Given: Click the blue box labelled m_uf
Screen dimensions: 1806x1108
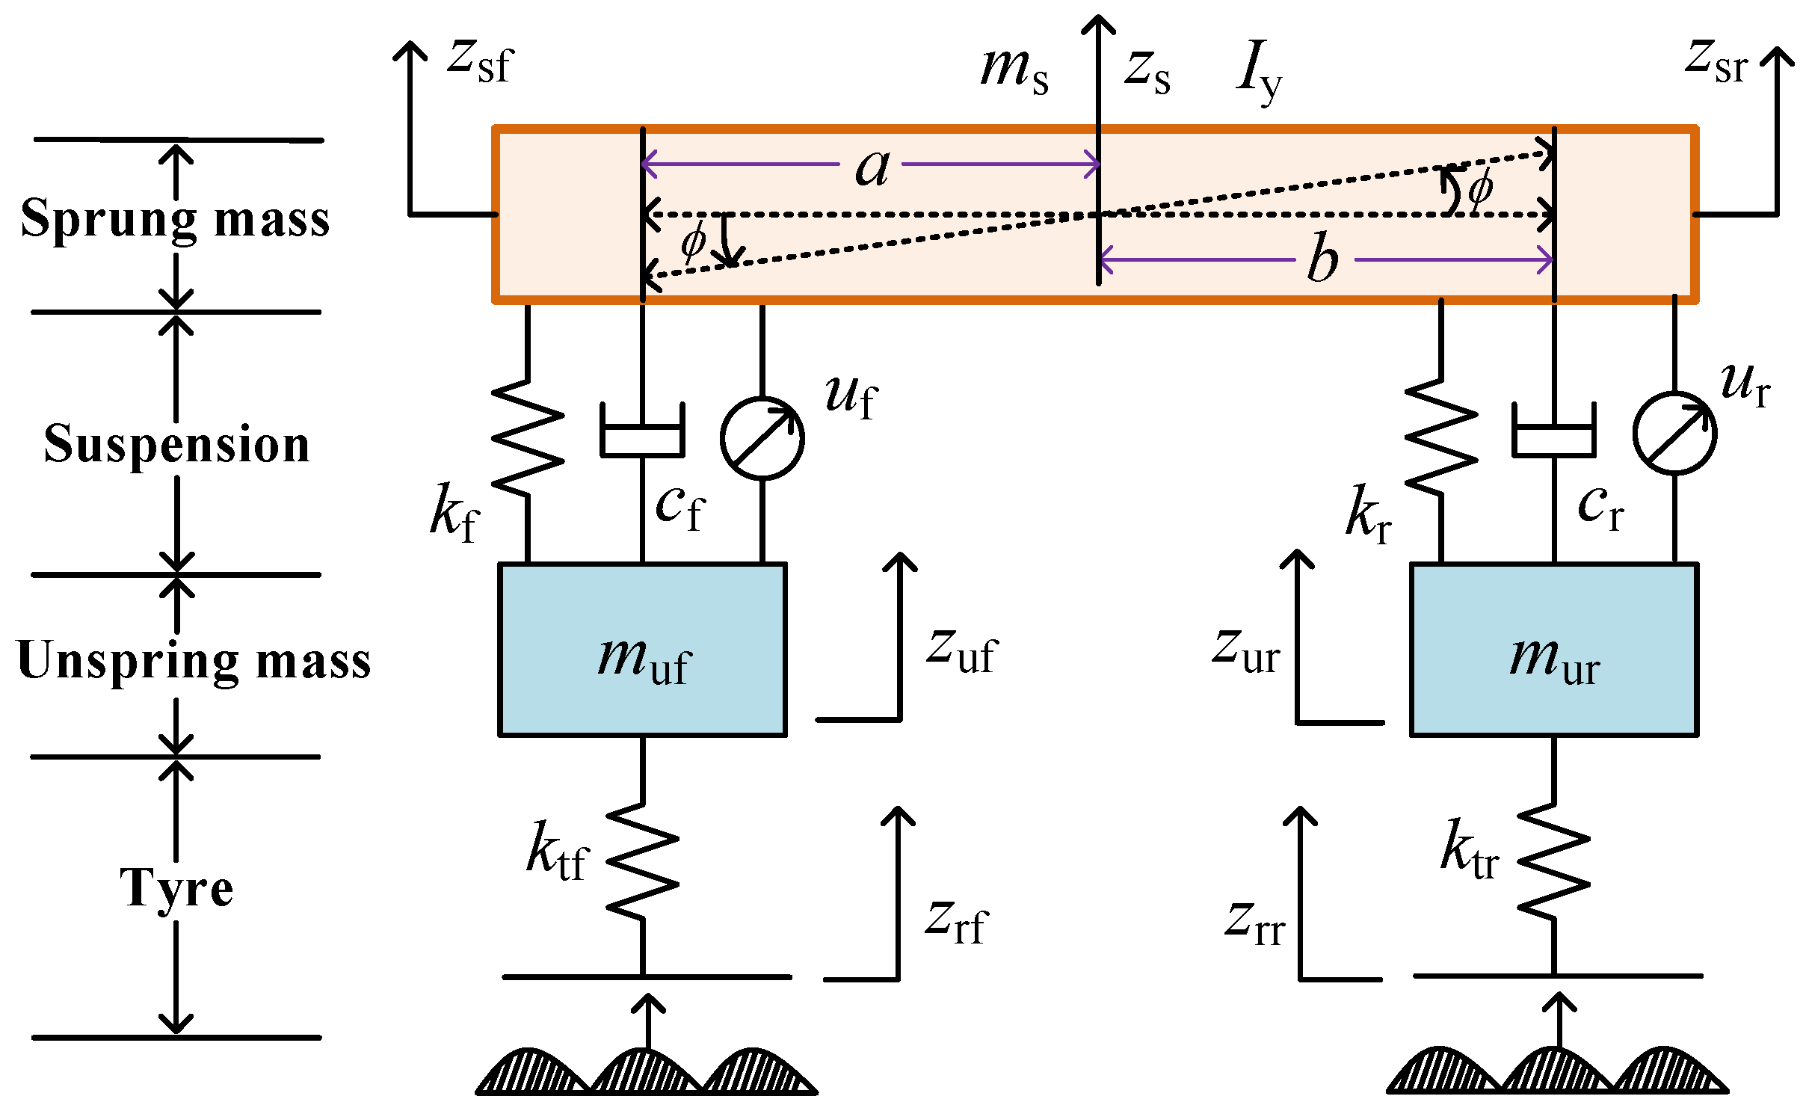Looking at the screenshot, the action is click(642, 649).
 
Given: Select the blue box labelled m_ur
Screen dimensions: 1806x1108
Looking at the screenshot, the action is click(1554, 649).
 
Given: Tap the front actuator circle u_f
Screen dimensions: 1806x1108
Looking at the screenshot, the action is click(762, 438).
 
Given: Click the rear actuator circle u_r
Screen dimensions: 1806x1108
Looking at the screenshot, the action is click(1674, 433).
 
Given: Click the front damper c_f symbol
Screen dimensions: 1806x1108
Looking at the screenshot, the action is click(642, 430).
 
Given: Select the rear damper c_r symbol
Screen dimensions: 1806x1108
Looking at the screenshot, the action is click(1554, 430).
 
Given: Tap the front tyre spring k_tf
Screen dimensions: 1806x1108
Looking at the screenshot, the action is click(642, 861).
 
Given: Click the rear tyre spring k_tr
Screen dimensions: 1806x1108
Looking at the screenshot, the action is click(1554, 861).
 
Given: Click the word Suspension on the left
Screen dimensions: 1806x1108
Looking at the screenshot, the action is click(176, 446).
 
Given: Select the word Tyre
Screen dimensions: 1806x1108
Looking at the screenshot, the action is click(176, 889).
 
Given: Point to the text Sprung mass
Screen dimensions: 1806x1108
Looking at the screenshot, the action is click(175, 219).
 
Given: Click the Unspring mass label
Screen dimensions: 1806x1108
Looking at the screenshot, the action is click(193, 662).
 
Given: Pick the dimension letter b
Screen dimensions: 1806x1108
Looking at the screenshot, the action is click(1323, 256).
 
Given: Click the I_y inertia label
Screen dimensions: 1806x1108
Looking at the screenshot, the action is click(1259, 72).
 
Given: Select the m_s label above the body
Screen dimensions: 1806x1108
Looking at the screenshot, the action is click(1014, 70).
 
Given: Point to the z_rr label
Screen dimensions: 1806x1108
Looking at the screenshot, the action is click(1255, 923).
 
